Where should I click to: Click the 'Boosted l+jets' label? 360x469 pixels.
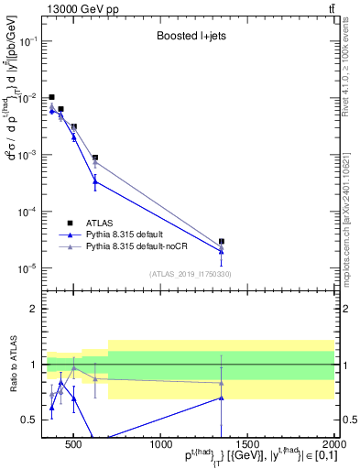188,38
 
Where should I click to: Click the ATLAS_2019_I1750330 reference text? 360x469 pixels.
189,273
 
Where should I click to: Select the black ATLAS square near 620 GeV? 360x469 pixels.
95,158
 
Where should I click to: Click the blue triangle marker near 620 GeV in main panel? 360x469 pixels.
95,181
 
